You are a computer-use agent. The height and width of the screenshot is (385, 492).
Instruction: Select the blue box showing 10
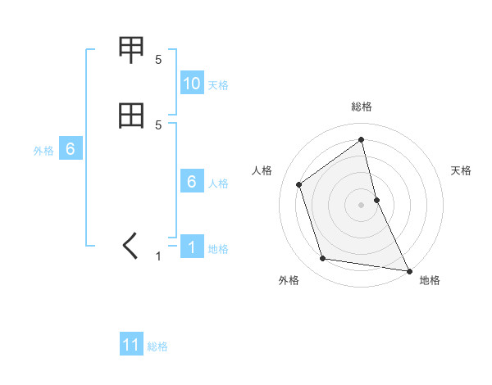click(x=192, y=84)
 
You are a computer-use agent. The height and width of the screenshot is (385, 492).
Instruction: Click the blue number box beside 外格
click(x=71, y=150)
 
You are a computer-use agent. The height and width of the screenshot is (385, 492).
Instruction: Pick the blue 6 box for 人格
click(x=192, y=183)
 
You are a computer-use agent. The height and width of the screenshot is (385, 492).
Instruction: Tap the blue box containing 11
click(x=131, y=346)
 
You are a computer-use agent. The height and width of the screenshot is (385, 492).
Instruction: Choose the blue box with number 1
click(x=192, y=248)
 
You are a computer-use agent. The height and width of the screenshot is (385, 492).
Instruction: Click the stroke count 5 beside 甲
click(x=158, y=59)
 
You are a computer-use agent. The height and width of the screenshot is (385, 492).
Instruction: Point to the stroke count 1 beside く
click(x=158, y=256)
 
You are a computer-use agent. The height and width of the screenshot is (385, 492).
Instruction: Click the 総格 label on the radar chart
click(x=362, y=106)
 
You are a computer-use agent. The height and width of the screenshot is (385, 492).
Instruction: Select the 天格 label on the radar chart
click(x=461, y=170)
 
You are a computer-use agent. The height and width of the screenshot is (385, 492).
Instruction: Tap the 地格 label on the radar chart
click(x=430, y=281)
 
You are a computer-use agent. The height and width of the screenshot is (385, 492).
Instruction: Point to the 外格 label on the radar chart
click(x=288, y=281)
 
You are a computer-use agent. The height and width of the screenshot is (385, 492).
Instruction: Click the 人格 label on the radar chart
click(x=262, y=170)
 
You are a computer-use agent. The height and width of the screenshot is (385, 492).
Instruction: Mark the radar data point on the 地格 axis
click(x=408, y=269)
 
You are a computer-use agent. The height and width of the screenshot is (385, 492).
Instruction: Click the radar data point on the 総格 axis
click(x=362, y=139)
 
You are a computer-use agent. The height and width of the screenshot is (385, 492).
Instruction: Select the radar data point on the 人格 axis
click(x=299, y=184)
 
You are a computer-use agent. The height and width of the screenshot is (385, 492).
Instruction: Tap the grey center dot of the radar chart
click(x=362, y=204)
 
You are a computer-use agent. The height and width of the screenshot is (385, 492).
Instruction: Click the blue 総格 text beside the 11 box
click(x=157, y=346)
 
